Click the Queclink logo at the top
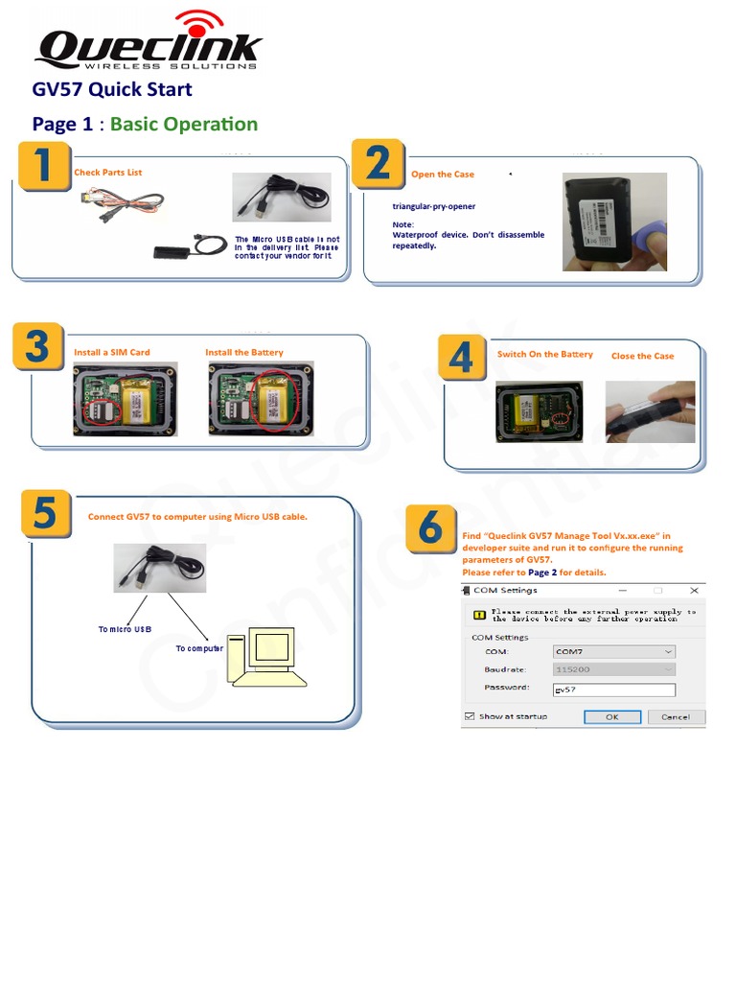pos(148,43)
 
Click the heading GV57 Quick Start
pos(112,89)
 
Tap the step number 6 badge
pos(431,528)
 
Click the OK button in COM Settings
pos(611,716)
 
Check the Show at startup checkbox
pos(470,716)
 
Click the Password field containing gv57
pos(613,690)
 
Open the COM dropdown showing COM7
pos(613,651)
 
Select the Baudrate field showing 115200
pos(613,669)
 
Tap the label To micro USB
pos(125,629)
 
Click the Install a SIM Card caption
pos(112,353)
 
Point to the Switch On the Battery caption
pos(544,355)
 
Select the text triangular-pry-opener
pos(433,206)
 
